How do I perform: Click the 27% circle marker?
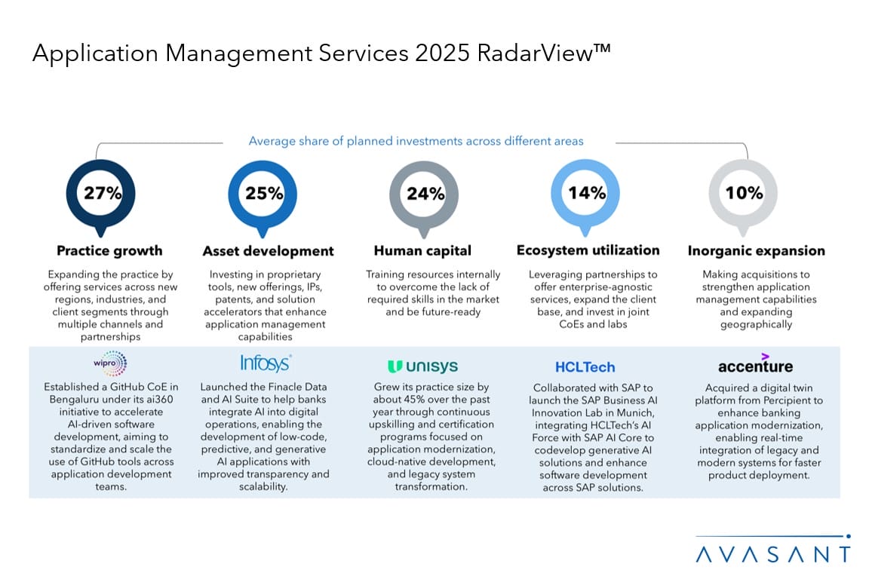pyautogui.click(x=103, y=193)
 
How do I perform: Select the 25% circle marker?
pyautogui.click(x=264, y=193)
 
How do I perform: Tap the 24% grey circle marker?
pyautogui.click(x=425, y=193)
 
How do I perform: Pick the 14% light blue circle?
pyautogui.click(x=587, y=193)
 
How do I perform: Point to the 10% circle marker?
pyautogui.click(x=745, y=193)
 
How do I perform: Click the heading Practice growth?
pyautogui.click(x=109, y=251)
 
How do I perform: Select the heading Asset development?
pyautogui.click(x=268, y=251)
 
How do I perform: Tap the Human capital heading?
pyautogui.click(x=422, y=251)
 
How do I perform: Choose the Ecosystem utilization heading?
pyautogui.click(x=588, y=250)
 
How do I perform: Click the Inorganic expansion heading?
pyautogui.click(x=756, y=251)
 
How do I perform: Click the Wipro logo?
pyautogui.click(x=109, y=363)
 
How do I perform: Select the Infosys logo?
pyautogui.click(x=266, y=363)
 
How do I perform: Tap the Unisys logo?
pyautogui.click(x=422, y=366)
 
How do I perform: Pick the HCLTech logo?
pyautogui.click(x=585, y=367)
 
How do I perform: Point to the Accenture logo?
pyautogui.click(x=755, y=365)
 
